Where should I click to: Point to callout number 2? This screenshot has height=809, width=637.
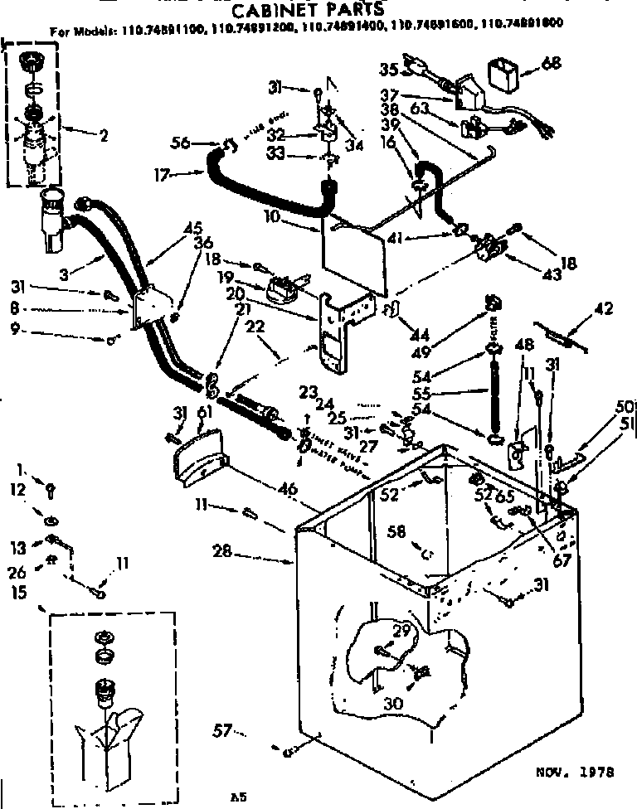[103, 137]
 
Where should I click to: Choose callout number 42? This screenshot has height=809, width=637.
[604, 310]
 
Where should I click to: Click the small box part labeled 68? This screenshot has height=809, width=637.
[503, 74]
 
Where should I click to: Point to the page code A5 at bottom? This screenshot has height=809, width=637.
[239, 797]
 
